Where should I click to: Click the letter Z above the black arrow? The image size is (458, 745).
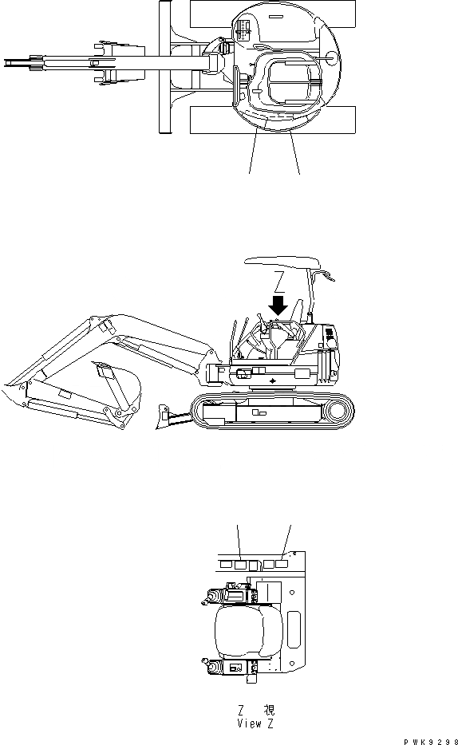click(x=278, y=280)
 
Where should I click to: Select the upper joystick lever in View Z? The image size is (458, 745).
click(x=213, y=596)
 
